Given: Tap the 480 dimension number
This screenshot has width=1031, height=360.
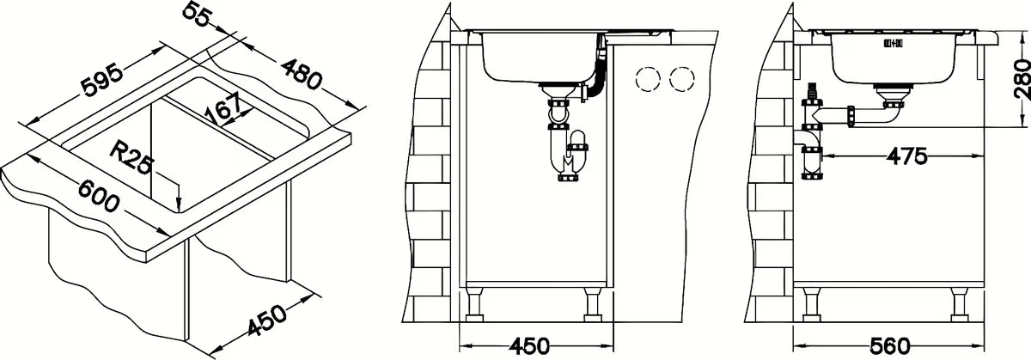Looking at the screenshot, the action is point(301,73).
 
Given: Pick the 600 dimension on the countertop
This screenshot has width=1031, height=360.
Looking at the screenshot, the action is point(99,196).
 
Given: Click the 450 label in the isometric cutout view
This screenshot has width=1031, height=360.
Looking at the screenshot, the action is point(267,320).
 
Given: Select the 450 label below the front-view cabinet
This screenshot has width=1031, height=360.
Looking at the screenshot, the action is point(529,346).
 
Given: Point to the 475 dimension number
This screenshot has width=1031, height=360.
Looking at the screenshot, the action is point(907,156).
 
